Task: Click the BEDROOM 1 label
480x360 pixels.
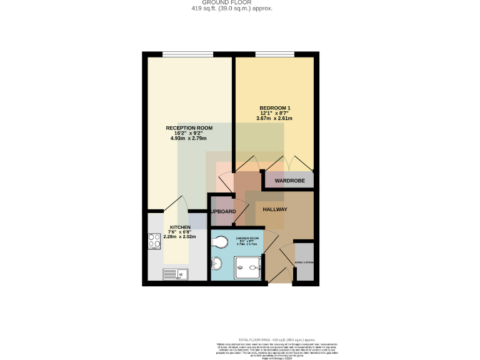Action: (274, 107)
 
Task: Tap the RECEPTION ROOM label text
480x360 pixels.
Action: (189, 127)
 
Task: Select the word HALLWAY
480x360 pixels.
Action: (274, 210)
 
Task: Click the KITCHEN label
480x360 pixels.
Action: (180, 227)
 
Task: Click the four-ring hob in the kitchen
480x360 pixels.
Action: (154, 241)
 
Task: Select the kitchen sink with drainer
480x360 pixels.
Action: (175, 273)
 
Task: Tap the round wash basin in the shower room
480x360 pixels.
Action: (217, 263)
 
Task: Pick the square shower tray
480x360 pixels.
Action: (249, 268)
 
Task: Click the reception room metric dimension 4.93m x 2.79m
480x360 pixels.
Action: (188, 138)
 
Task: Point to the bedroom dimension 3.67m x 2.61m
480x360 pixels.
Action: (274, 118)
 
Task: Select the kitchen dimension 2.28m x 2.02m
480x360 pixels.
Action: (180, 237)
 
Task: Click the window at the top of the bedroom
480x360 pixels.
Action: (275, 54)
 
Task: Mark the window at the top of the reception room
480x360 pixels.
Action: (189, 54)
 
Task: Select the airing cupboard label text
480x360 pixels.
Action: (304, 262)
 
